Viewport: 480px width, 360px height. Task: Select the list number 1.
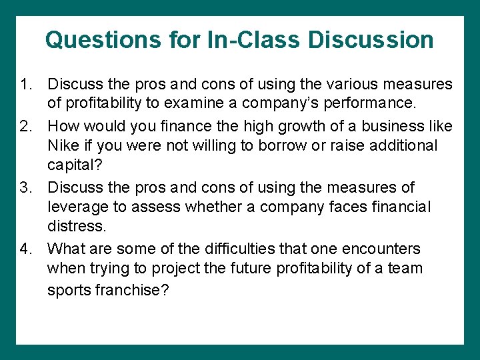(25, 85)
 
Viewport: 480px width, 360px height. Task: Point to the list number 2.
(25, 126)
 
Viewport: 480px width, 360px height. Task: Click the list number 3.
(25, 188)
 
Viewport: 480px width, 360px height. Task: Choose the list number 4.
(25, 249)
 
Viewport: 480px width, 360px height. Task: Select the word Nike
(65, 146)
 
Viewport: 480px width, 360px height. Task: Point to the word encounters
(381, 249)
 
